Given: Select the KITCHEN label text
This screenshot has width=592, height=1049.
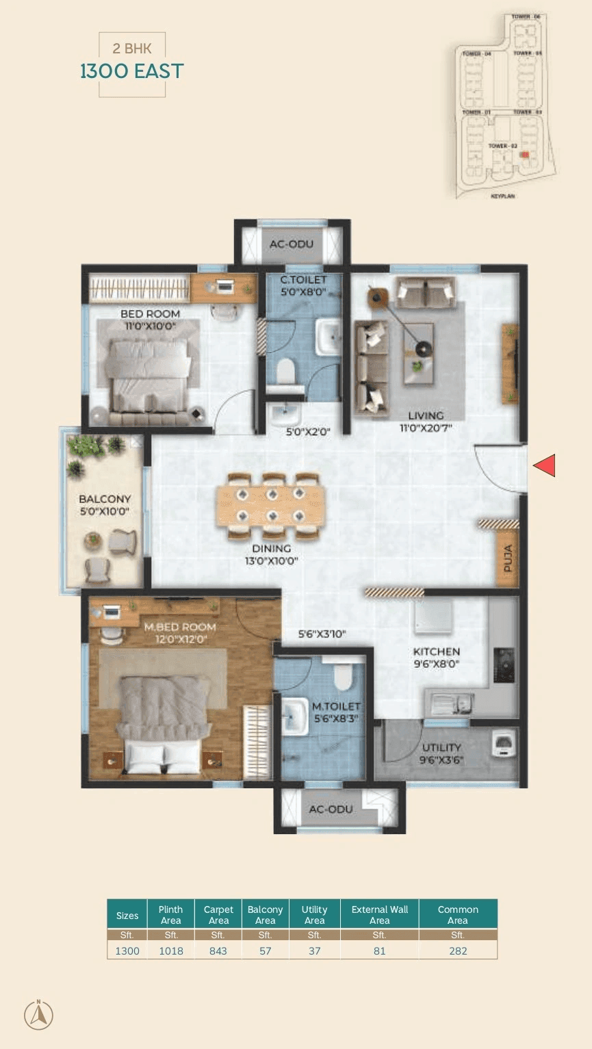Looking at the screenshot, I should (436, 651).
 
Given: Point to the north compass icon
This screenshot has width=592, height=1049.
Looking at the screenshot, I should (38, 1014).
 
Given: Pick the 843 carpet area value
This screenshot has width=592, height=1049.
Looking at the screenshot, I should (218, 950).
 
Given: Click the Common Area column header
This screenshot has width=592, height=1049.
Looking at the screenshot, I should (458, 914).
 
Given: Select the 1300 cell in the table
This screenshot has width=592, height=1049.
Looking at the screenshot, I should (127, 950).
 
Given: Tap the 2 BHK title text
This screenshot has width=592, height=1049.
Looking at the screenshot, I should (132, 49).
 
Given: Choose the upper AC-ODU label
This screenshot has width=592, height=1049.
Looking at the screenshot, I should (292, 244).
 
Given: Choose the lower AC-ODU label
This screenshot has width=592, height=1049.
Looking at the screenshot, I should (331, 809).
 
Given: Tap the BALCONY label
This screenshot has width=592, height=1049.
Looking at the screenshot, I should (104, 500).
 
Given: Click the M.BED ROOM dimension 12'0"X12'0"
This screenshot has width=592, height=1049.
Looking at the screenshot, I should (180, 640).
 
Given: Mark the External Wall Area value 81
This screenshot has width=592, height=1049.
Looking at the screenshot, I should (379, 950).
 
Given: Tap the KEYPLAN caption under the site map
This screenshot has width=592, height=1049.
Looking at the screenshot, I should (502, 196).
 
